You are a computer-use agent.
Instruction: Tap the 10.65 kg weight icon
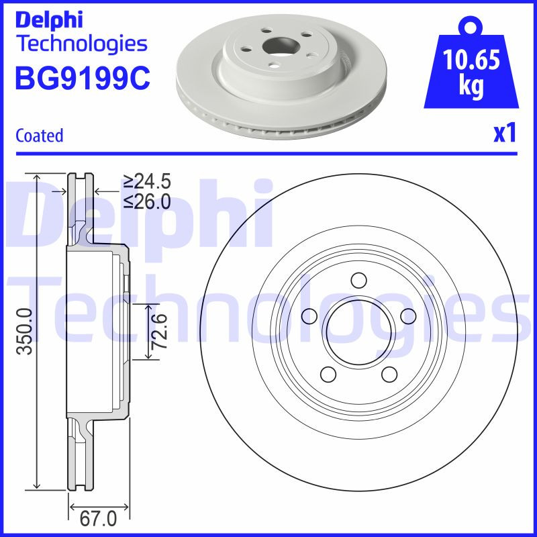471,70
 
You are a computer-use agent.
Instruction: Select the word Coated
39,135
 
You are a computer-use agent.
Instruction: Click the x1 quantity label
504,134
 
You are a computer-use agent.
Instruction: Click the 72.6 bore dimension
159,331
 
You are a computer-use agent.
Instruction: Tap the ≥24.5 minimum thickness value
147,181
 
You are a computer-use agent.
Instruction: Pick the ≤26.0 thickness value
147,201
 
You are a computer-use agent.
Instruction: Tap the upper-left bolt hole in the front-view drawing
310,315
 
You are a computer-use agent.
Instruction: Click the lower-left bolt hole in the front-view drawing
329,373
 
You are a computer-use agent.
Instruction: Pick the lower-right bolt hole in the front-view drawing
389,373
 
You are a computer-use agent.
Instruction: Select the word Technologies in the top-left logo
81,44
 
